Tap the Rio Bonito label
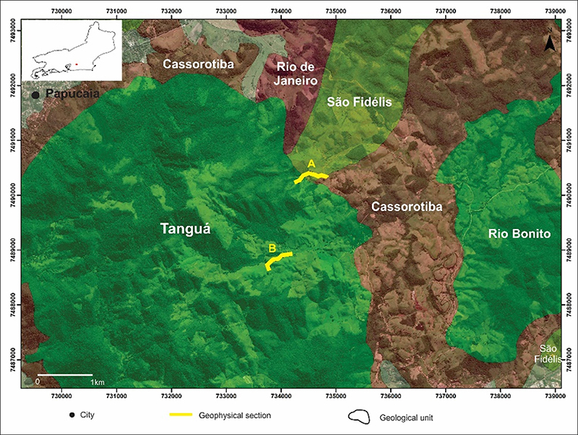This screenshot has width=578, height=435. [519, 234]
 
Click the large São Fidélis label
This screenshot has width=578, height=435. [360, 103]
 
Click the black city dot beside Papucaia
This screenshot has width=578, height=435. [35, 95]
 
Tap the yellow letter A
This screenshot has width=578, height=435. [311, 163]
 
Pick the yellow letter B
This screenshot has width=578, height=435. [272, 249]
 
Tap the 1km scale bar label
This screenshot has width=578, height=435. [98, 381]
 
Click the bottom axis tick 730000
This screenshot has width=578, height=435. [62, 396]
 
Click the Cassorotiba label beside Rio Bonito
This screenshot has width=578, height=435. [407, 207]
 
